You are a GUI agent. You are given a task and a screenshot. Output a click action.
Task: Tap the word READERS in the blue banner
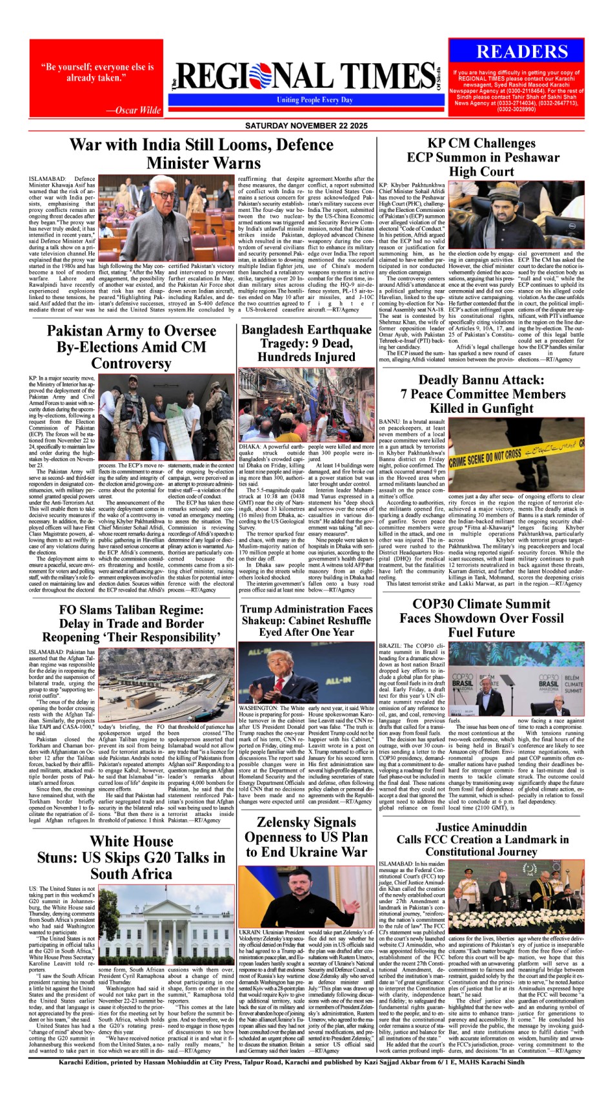pos(523,52)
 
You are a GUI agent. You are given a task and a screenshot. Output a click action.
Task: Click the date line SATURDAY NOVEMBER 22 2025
pos(306,125)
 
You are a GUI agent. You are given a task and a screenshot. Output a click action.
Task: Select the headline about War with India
pos(202,154)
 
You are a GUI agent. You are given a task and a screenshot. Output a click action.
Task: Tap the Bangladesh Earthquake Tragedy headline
pos(306,343)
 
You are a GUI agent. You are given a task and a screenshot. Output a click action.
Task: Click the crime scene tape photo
pos(516,455)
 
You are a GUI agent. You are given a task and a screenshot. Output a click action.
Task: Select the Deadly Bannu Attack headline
pos(483,394)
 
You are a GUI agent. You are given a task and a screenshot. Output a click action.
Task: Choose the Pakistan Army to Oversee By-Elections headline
pos(131,347)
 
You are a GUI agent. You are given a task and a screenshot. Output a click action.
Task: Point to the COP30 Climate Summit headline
pos(481,618)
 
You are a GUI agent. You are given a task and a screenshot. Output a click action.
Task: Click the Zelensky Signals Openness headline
pos(306,837)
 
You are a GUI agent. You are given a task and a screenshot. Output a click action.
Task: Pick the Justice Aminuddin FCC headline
pos(481,839)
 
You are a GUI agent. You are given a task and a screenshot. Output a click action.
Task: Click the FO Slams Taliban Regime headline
pos(131,623)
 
